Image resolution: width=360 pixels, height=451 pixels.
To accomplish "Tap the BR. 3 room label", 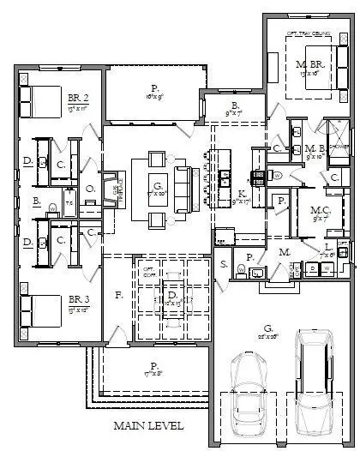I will pyautogui.click(x=78, y=299).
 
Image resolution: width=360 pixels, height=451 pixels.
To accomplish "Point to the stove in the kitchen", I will pyautogui.click(x=256, y=178).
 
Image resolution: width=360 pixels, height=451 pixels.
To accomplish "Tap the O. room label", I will pyautogui.click(x=90, y=187).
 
